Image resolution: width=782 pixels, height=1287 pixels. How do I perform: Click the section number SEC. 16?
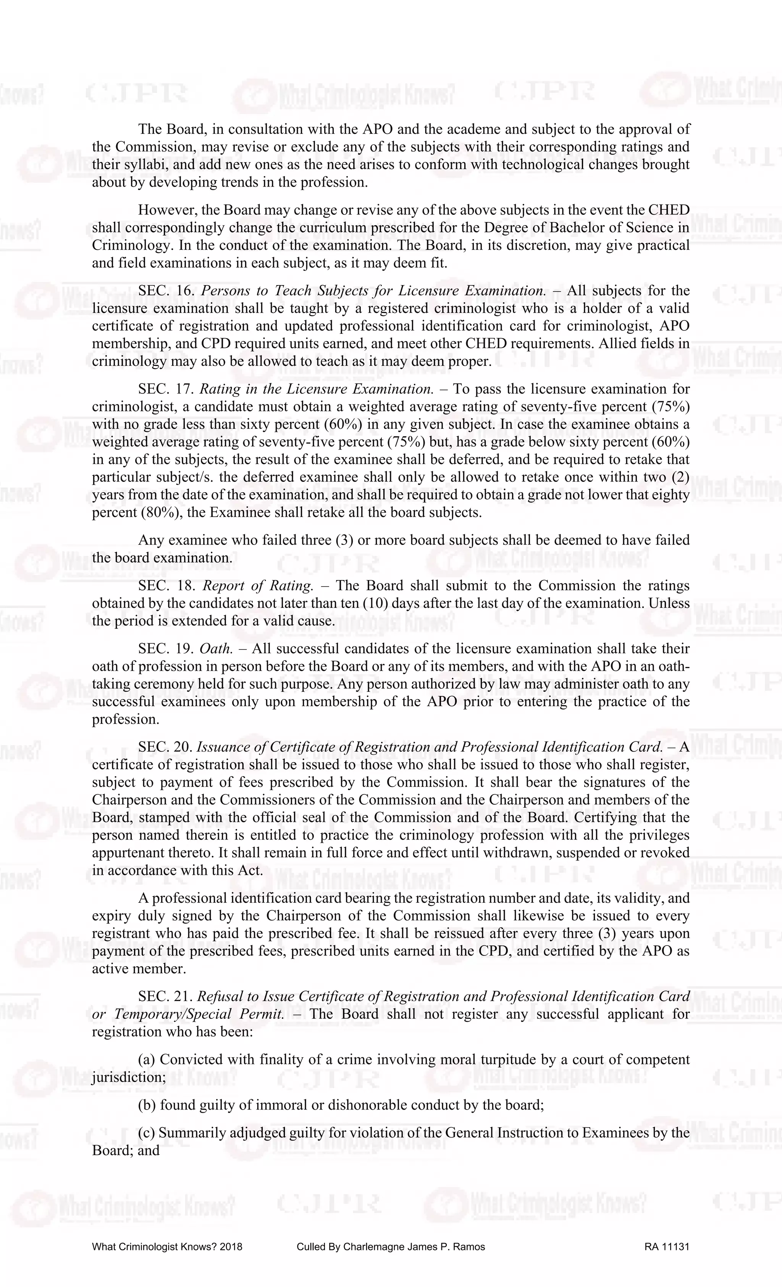166,290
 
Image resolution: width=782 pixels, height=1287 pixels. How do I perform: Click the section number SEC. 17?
166,389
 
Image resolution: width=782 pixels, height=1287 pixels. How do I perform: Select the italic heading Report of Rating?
258,586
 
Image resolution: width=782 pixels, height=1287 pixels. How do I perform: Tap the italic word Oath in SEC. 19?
215,649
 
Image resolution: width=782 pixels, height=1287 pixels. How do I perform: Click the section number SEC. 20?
166,747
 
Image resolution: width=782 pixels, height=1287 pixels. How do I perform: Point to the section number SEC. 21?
166,996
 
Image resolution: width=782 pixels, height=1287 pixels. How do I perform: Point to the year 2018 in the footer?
231,1247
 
